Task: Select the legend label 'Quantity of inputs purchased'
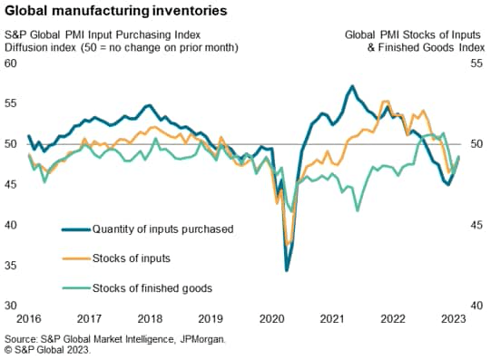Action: [163, 229]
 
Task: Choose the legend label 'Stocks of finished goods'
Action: [152, 287]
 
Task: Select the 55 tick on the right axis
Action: [477, 63]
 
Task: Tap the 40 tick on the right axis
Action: [477, 306]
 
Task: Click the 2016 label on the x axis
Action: [29, 319]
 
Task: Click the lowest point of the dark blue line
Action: [287, 270]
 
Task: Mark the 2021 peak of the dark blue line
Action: [351, 86]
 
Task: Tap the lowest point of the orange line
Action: [289, 244]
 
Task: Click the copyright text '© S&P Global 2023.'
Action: [47, 349]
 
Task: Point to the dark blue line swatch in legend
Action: [75, 229]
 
